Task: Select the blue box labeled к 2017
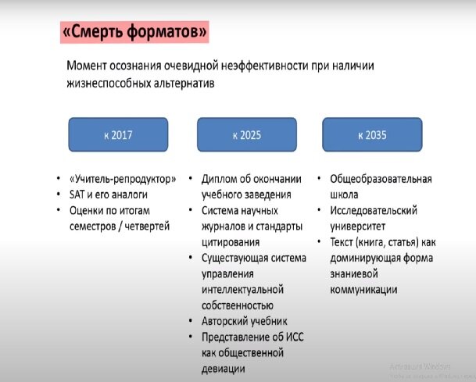(118, 134)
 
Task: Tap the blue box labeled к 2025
(246, 134)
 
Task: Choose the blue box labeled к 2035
(371, 134)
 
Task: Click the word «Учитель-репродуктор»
(118, 178)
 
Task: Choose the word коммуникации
(364, 289)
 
